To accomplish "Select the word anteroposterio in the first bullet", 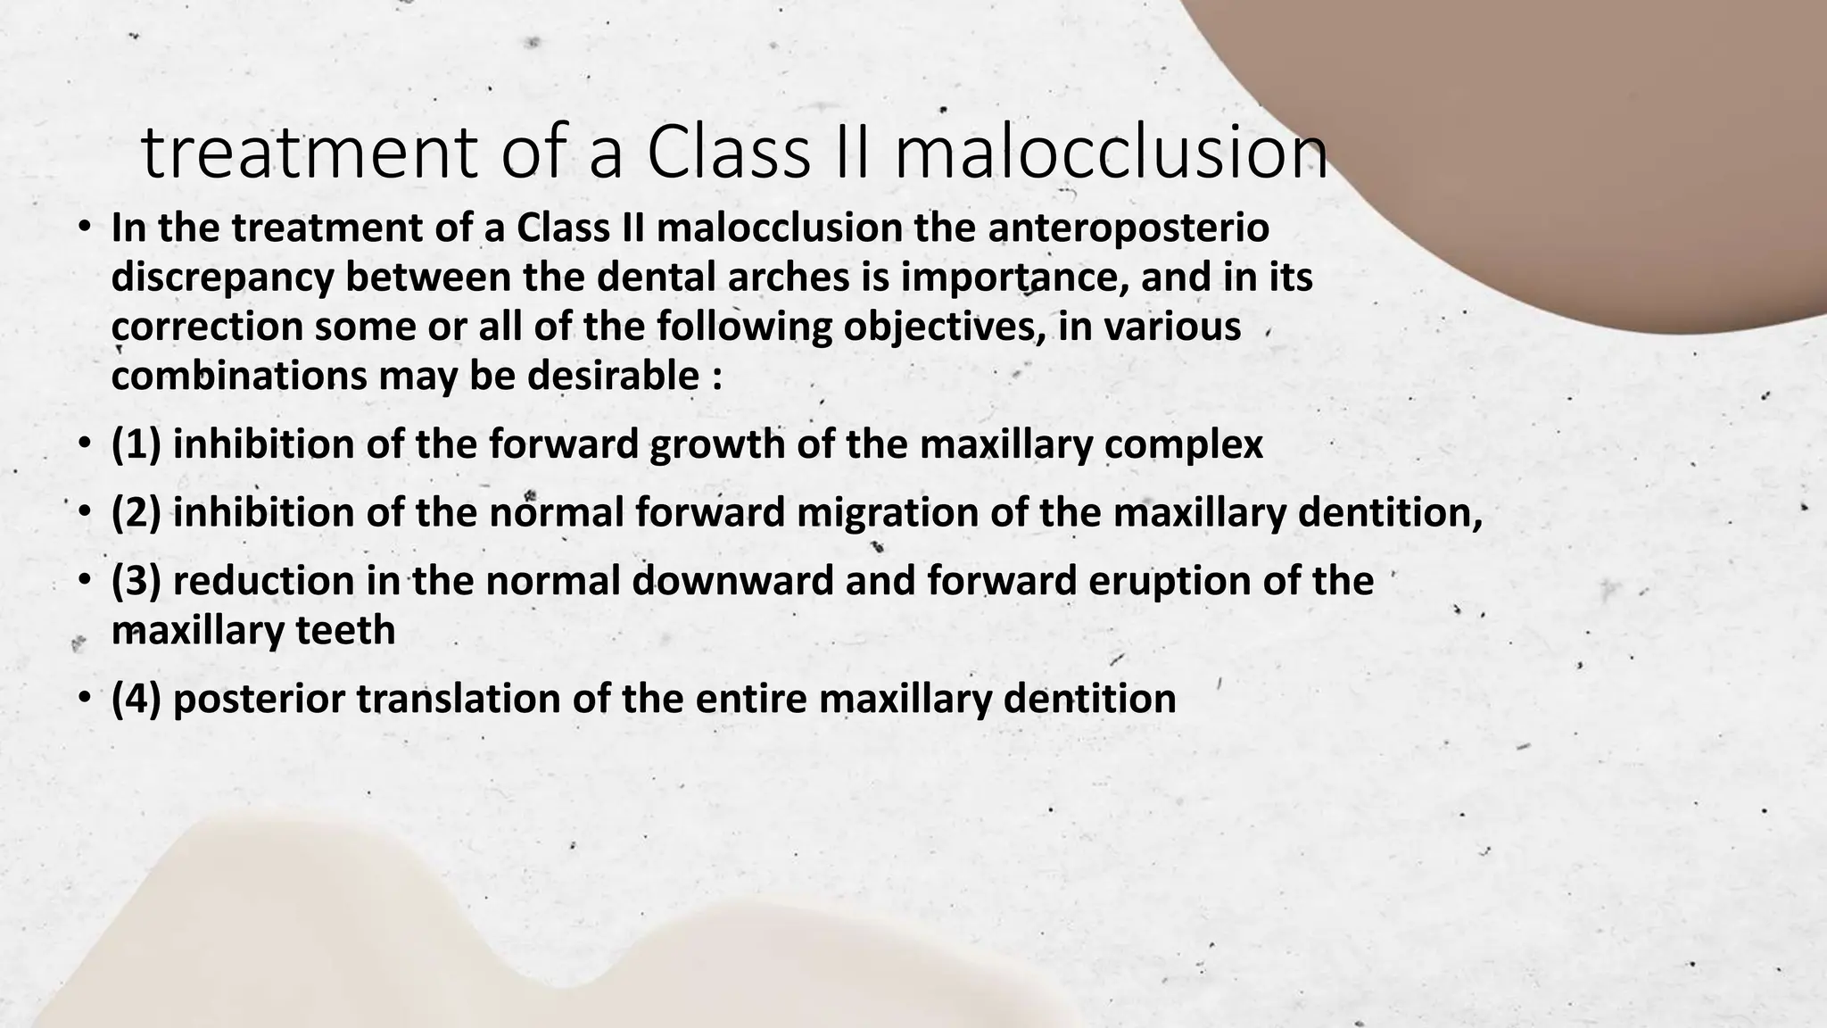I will click(x=1128, y=228).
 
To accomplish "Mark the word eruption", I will click(x=1183, y=581).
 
